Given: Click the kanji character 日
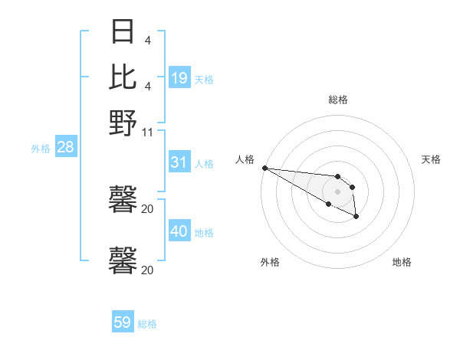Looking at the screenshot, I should click(123, 32).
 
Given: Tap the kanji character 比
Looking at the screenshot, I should click(123, 77).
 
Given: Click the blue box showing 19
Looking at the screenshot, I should click(179, 77).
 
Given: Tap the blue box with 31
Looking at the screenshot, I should click(179, 162).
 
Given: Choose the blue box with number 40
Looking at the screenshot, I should click(179, 231).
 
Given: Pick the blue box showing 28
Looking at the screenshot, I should click(65, 148).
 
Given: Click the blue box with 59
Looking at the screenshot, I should click(123, 322).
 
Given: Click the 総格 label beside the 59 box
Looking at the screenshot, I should click(147, 324).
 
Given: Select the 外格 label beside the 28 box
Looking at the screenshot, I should click(41, 149).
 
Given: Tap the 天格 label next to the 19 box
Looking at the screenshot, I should click(204, 79).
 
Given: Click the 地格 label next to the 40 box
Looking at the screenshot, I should click(204, 233).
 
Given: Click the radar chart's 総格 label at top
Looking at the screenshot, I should click(337, 100).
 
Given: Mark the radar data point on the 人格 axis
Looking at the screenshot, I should click(264, 168).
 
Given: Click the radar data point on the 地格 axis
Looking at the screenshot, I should click(356, 218).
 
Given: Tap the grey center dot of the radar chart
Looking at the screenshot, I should click(337, 191).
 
